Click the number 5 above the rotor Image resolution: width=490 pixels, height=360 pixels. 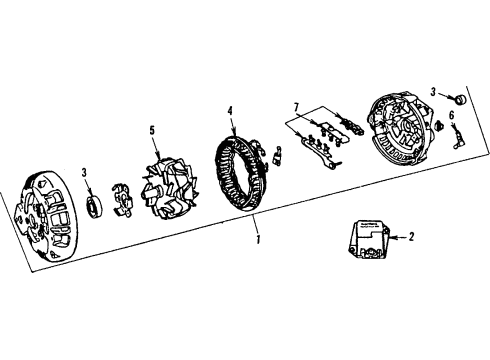[x=153, y=129]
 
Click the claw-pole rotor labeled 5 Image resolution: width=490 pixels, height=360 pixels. [x=167, y=185]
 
